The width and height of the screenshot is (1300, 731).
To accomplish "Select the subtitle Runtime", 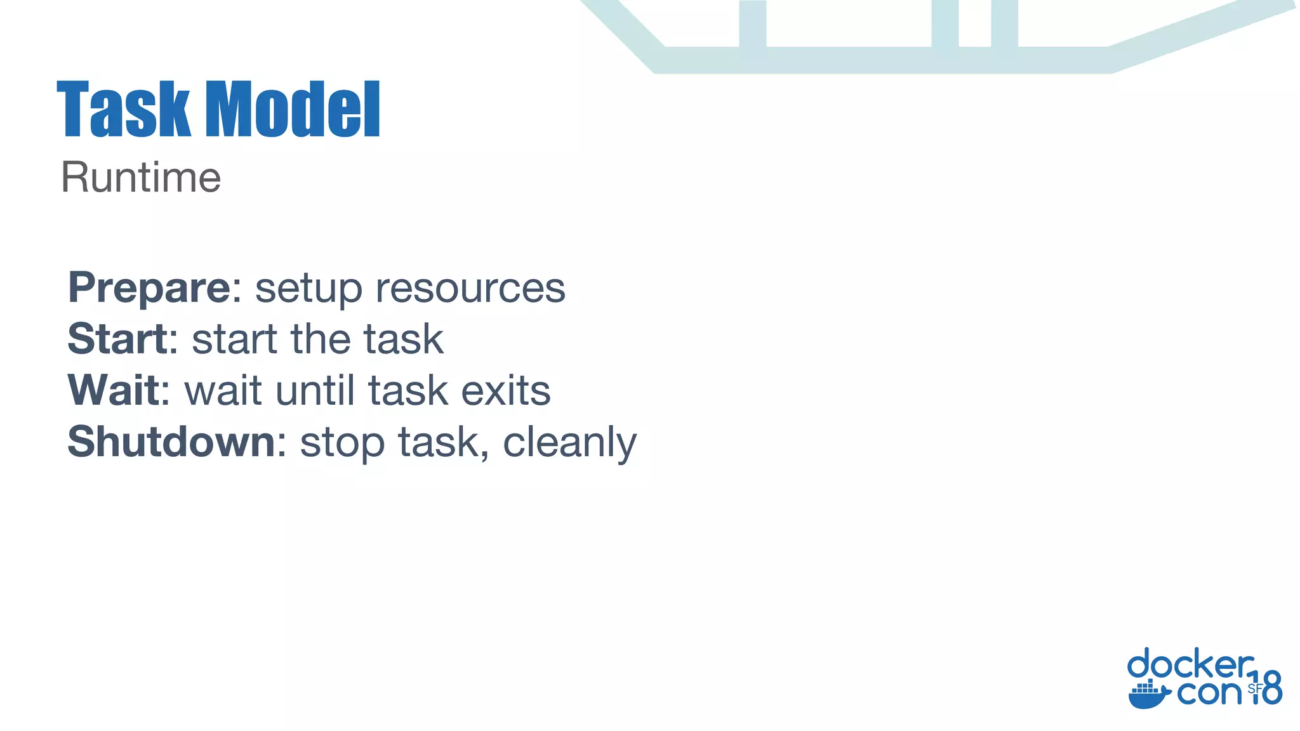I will [x=141, y=178].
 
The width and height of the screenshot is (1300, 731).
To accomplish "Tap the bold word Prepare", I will [x=150, y=289].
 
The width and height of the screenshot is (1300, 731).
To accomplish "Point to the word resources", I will [x=470, y=290].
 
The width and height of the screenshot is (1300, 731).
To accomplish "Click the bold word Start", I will [x=118, y=339].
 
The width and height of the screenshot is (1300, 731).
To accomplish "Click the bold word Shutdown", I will [x=171, y=442].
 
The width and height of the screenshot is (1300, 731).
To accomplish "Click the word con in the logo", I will [x=1209, y=693].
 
